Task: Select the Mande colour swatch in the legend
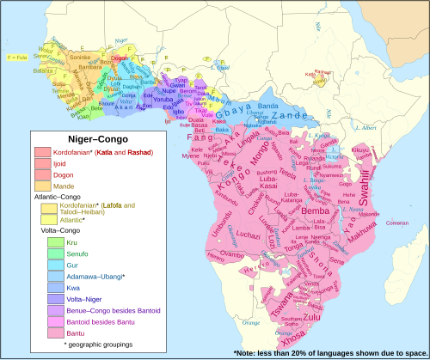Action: pyautogui.click(x=43, y=186)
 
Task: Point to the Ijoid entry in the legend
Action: pyautogui.click(x=71, y=163)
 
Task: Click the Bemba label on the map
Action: pyautogui.click(x=316, y=211)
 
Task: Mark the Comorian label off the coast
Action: pyautogui.click(x=396, y=222)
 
